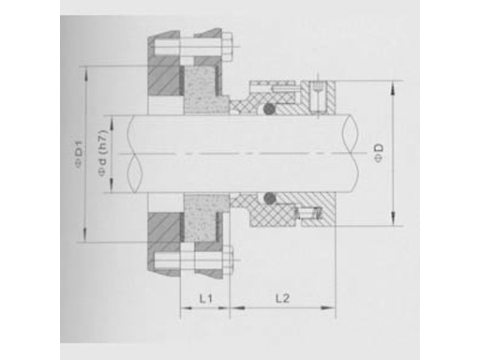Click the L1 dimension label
coord(206,299)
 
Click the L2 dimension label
coord(282,299)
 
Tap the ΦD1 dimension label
coord(80,155)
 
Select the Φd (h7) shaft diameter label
coord(103,153)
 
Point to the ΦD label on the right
coord(379,153)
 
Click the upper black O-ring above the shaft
coord(269,109)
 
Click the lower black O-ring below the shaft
coord(270,198)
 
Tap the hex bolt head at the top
coord(227,47)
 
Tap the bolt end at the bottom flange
coord(228,260)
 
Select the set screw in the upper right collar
coord(317,96)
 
